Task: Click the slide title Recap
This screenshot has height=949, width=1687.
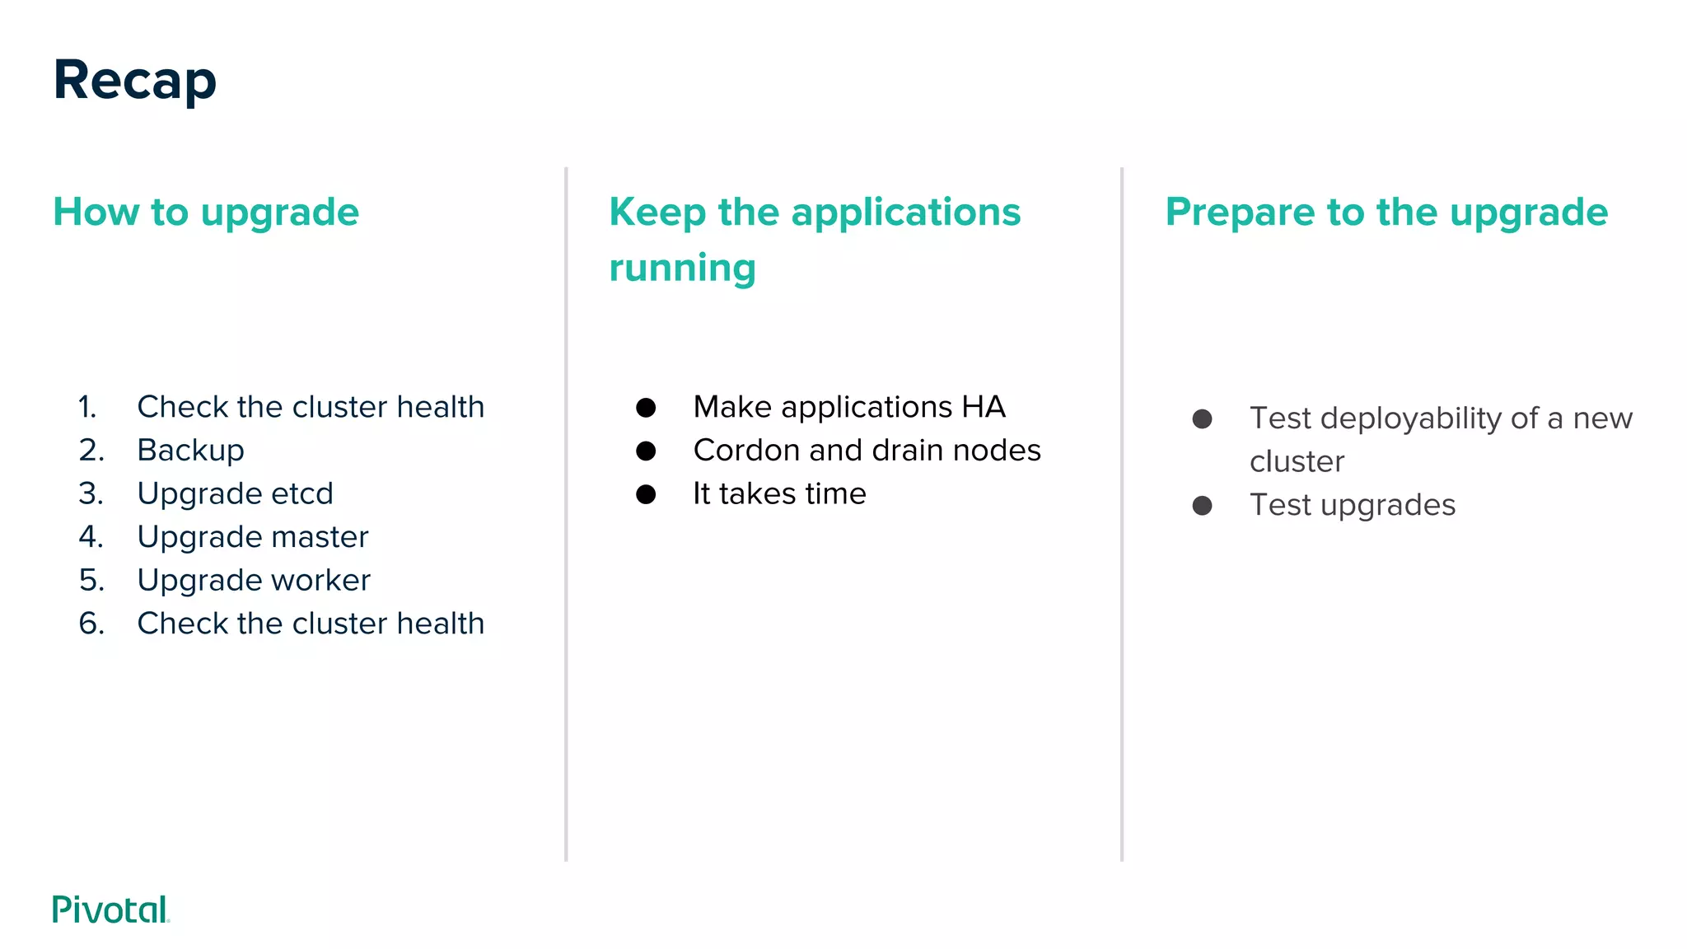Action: tap(135, 81)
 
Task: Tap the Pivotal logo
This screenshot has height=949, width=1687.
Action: tap(110, 909)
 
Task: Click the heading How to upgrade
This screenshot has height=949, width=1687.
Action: tap(206, 213)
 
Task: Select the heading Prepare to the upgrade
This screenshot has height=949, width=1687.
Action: tap(1386, 213)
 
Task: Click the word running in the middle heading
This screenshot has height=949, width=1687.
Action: tap(682, 268)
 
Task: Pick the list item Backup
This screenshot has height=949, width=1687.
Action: tap(190, 451)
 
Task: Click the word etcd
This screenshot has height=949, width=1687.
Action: tap(301, 493)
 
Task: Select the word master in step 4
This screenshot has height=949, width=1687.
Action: tap(320, 537)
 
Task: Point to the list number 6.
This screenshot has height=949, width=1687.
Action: tap(91, 624)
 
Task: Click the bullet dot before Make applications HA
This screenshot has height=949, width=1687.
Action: tap(646, 407)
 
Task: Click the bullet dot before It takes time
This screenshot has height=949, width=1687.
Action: tap(646, 494)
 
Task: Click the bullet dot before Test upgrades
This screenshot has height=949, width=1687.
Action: tap(1202, 505)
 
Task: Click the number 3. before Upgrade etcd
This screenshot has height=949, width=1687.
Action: tap(91, 493)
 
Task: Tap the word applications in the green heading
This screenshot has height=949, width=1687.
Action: tap(905, 213)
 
